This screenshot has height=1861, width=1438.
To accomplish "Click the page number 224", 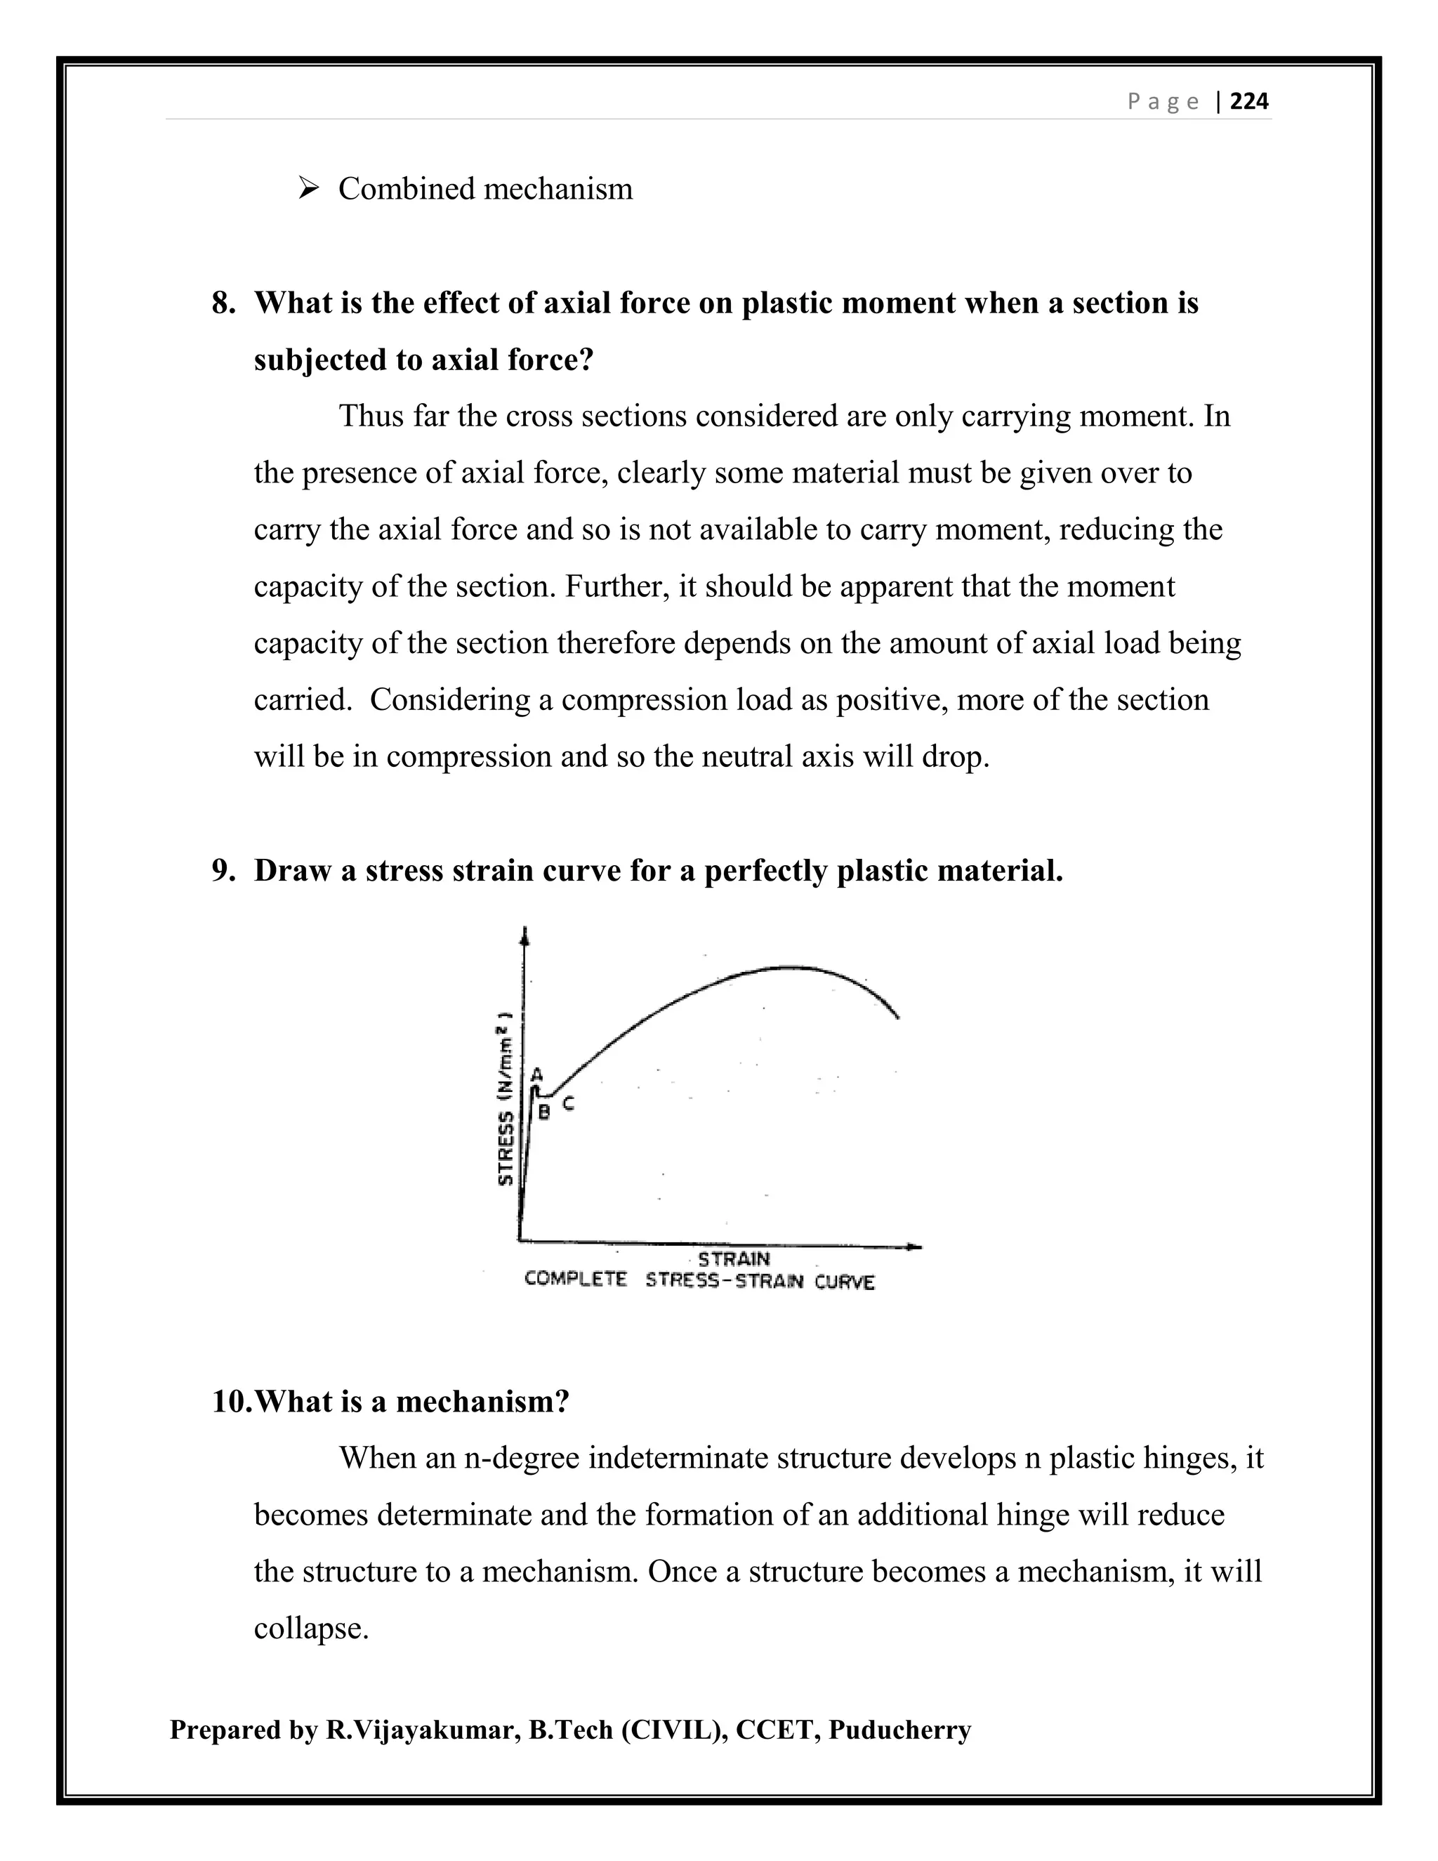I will pyautogui.click(x=1249, y=103).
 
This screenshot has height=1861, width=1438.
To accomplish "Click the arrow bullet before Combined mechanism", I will pyautogui.click(x=308, y=188).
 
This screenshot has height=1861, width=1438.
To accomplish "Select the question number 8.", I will pyautogui.click(x=223, y=303).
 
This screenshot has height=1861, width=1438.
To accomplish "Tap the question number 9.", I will pyautogui.click(x=223, y=871).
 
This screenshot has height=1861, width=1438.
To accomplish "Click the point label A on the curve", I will pyautogui.click(x=536, y=1074).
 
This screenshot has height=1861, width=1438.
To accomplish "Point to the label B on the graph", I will pyautogui.click(x=544, y=1112).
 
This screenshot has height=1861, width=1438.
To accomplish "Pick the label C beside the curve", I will pyautogui.click(x=568, y=1103).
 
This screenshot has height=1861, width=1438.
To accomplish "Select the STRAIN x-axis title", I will pyautogui.click(x=734, y=1258).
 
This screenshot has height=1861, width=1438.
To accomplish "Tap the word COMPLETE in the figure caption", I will pyautogui.click(x=576, y=1279).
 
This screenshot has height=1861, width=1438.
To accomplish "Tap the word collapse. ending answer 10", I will pyautogui.click(x=311, y=1629).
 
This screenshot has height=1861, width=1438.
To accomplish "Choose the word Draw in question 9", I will pyautogui.click(x=292, y=871).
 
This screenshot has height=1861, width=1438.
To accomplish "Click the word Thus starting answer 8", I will pyautogui.click(x=371, y=416).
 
